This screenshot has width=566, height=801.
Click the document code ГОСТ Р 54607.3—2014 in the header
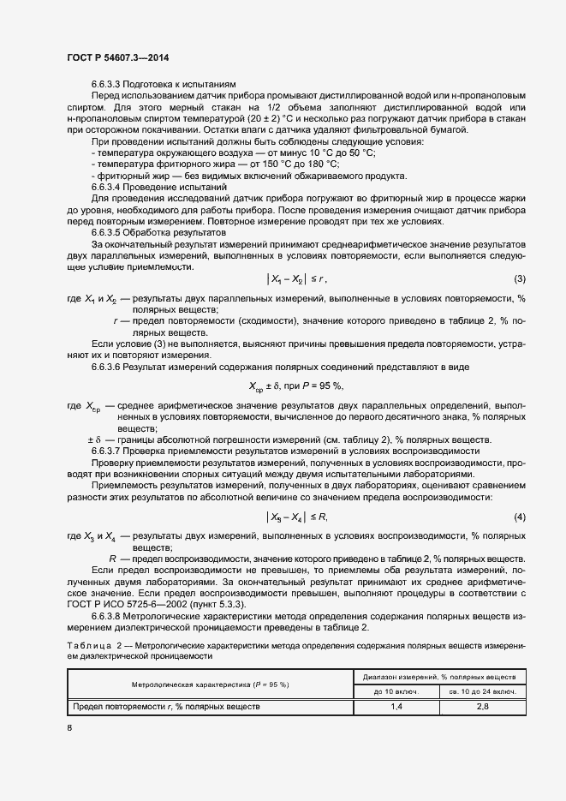(x=117, y=56)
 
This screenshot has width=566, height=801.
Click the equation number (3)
(x=519, y=278)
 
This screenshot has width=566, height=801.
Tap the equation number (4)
(x=519, y=517)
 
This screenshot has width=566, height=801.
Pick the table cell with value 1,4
(x=396, y=707)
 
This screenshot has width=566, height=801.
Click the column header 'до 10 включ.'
(x=396, y=690)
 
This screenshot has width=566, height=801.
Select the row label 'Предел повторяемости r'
(x=165, y=707)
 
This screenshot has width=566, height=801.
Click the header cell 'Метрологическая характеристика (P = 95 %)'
(x=210, y=684)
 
